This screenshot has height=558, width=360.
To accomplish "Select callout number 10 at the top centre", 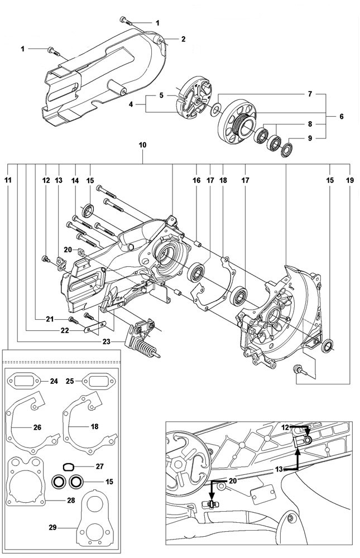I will coord(143,145).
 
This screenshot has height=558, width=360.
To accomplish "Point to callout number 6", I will coord(341,117).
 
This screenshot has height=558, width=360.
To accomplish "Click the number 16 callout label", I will coord(196,180).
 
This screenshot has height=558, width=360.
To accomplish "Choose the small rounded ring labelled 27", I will coord(67,466).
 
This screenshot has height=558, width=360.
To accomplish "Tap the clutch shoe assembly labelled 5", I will coord(192,100).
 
